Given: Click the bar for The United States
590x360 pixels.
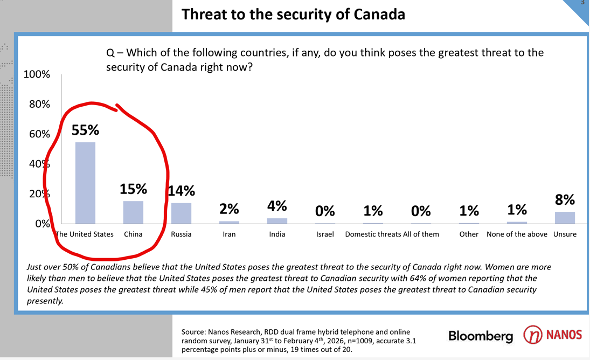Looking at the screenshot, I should click(85, 183).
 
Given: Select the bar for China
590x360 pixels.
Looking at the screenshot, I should click(133, 212).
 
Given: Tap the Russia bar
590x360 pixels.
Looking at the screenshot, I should click(181, 213).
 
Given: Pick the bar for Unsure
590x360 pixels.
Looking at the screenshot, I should click(565, 218).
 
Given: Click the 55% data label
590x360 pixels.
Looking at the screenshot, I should click(86, 130).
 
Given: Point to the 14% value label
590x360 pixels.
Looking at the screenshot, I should click(182, 190).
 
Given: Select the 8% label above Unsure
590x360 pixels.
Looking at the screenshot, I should click(565, 199).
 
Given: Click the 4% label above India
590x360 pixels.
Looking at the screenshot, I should click(277, 206).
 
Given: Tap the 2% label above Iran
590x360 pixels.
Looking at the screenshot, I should click(229, 209).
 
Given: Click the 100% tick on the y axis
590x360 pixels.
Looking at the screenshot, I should click(37, 74).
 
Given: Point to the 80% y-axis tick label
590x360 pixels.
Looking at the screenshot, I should click(39, 104).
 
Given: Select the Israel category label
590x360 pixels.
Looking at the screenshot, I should click(325, 234).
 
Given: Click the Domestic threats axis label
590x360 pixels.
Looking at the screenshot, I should click(373, 234).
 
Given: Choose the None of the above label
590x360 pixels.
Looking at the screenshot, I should click(517, 234).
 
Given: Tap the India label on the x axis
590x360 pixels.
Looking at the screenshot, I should click(277, 234).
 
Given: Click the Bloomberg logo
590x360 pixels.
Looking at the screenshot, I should click(481, 336).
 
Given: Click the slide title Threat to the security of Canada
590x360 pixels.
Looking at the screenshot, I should click(293, 14).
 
